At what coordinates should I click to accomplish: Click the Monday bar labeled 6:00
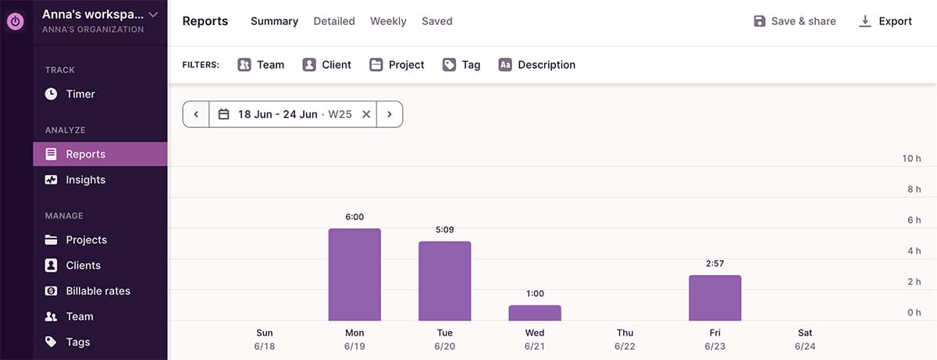tap(354, 274)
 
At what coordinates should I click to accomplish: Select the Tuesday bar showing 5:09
tap(444, 280)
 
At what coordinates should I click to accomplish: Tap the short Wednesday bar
tap(535, 312)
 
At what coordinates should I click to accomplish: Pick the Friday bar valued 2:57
tap(714, 298)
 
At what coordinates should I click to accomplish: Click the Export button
tap(885, 21)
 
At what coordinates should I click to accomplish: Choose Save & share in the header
tap(794, 21)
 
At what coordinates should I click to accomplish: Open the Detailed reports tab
tap(334, 21)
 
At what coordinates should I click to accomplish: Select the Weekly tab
tap(388, 21)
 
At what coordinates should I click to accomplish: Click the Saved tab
tap(436, 21)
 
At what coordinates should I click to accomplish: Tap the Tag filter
tap(461, 65)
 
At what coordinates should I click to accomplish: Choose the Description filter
tap(537, 65)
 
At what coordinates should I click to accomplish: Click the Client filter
tap(327, 65)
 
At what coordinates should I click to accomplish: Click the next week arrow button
tap(389, 114)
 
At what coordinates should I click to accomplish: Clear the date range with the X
tap(366, 114)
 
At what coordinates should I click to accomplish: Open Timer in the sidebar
tap(80, 94)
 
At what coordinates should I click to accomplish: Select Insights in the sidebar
tap(85, 180)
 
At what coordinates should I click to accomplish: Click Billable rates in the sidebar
tap(98, 290)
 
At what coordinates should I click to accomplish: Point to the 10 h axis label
tap(911, 159)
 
